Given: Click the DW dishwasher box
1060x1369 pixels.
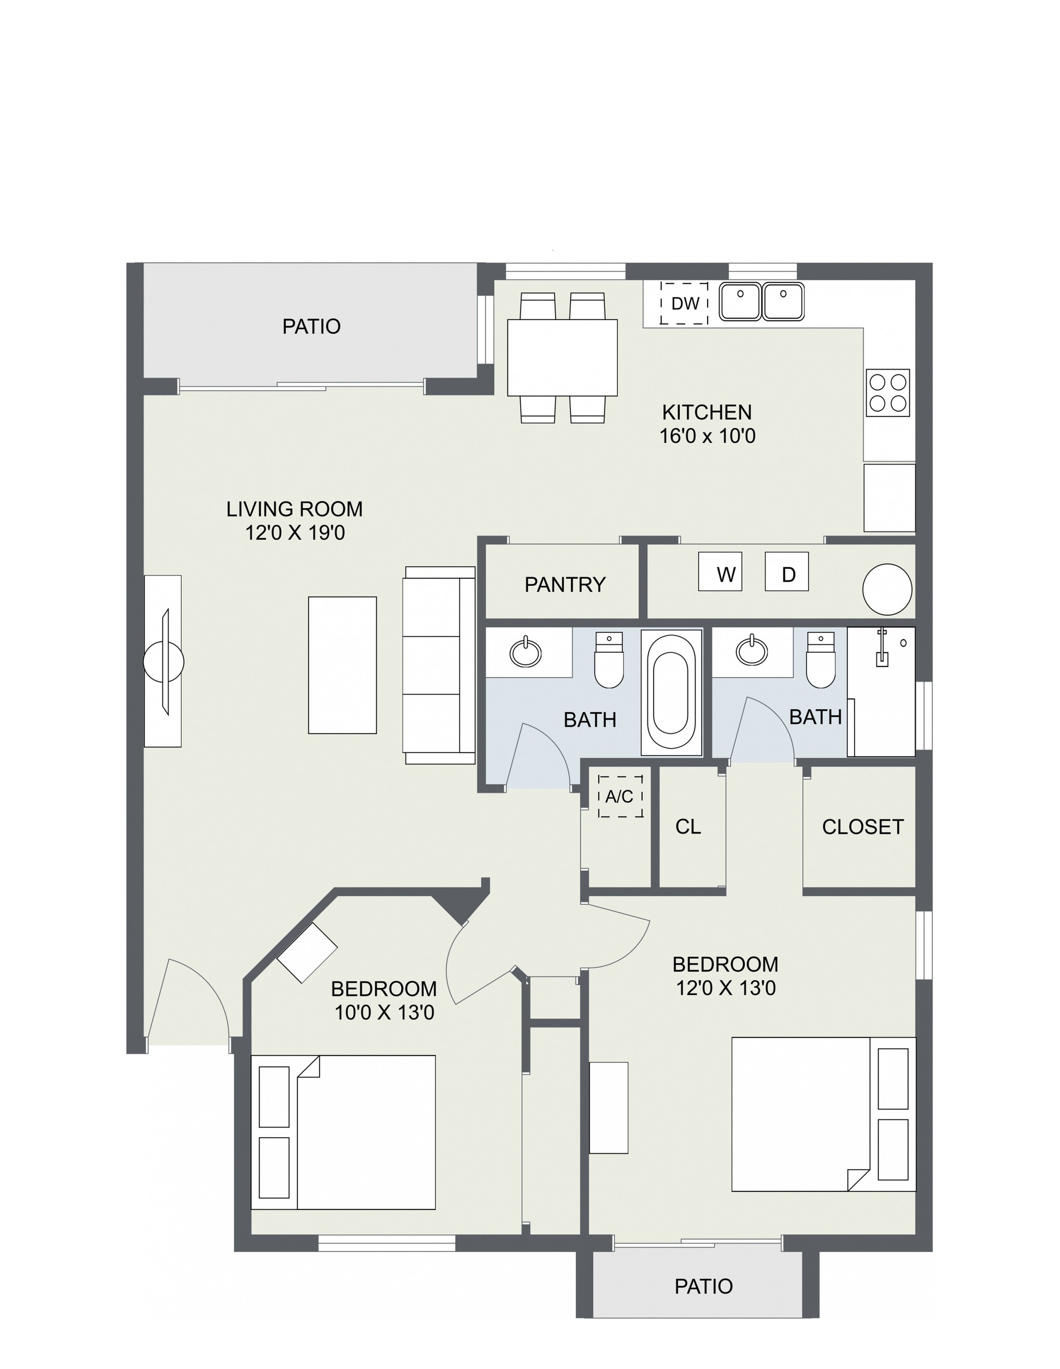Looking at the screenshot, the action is [684, 303].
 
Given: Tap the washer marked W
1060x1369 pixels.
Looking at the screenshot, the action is [720, 571].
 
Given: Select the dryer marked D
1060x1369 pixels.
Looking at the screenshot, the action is [787, 571].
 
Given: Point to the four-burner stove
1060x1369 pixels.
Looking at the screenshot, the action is [888, 392].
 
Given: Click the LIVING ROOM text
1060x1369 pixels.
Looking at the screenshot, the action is [295, 509].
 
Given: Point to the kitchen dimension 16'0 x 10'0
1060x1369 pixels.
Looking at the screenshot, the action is [707, 436].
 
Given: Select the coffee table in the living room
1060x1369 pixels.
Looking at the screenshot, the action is [342, 665].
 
